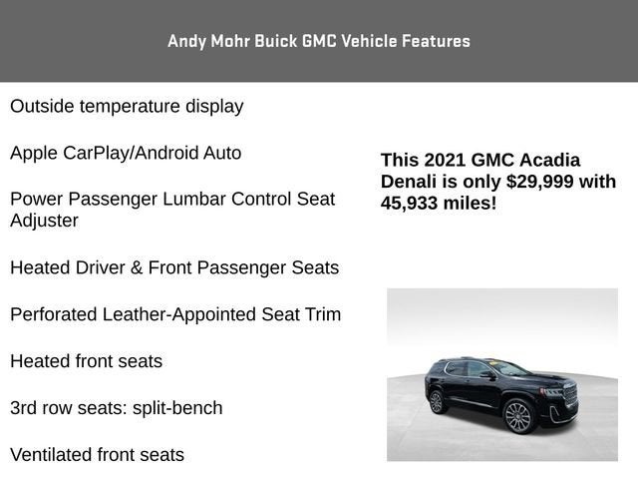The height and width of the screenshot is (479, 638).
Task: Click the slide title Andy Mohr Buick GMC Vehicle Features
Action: pos(318,41)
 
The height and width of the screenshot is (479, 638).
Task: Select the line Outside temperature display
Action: pos(127,106)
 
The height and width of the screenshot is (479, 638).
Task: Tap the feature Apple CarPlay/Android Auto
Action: pos(126,153)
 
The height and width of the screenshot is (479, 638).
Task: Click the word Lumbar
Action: pos(191,199)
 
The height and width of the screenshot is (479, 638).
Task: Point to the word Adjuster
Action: pos(44,221)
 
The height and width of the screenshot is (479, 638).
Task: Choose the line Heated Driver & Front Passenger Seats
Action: pos(174,267)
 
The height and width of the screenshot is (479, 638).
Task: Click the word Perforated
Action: pos(54,314)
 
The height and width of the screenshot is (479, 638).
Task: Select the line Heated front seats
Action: pos(86,361)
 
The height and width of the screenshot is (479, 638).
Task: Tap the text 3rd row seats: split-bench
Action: pos(117,408)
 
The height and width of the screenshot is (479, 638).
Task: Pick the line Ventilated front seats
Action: pos(97,455)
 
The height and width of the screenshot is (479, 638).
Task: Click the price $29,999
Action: pos(541,181)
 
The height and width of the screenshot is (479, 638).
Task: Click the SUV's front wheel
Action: pos(518,415)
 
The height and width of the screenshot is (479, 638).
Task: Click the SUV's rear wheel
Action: pos(436,401)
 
